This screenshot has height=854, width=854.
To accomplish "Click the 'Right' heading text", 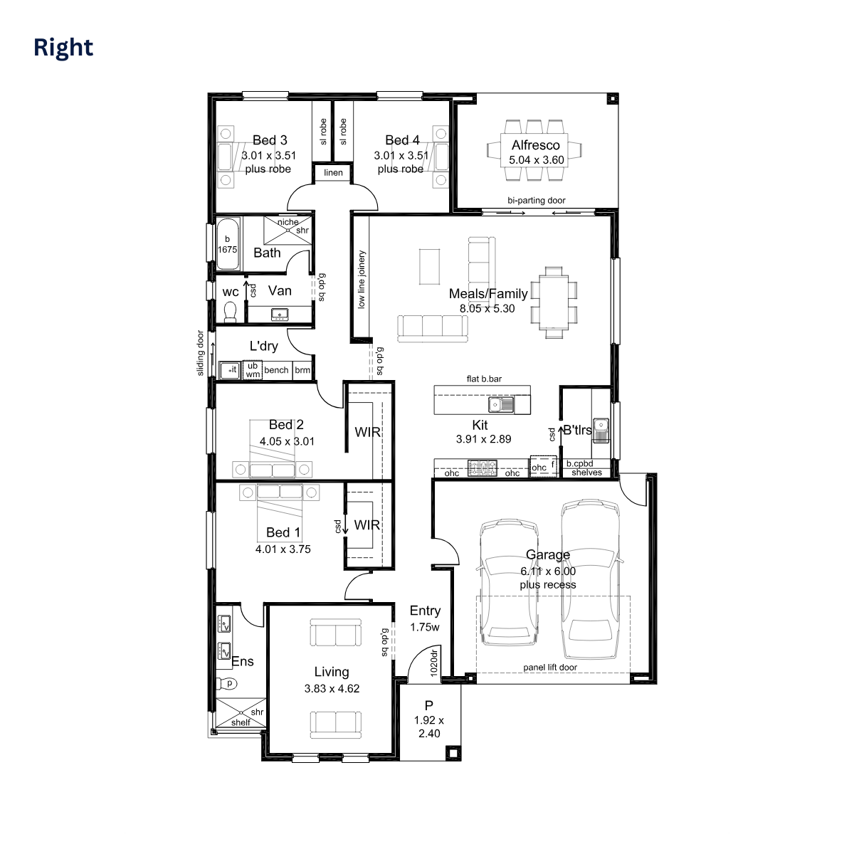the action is pyautogui.click(x=63, y=48).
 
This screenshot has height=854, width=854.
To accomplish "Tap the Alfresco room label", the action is pyautogui.click(x=536, y=145).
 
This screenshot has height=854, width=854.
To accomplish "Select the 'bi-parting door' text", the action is pyautogui.click(x=537, y=201).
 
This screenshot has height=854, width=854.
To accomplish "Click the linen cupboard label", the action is pyautogui.click(x=333, y=173).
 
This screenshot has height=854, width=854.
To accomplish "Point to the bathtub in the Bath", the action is pyautogui.click(x=228, y=243).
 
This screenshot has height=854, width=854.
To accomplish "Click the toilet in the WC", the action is pyautogui.click(x=230, y=311).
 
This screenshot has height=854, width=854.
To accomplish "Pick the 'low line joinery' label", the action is pyautogui.click(x=362, y=279).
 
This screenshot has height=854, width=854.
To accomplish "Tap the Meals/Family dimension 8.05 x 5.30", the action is pyautogui.click(x=487, y=309).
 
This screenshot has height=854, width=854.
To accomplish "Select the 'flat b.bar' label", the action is pyautogui.click(x=484, y=379).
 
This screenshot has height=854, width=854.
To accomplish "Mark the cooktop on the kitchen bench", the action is pyautogui.click(x=482, y=468).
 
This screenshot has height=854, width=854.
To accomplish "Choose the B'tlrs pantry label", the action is pyautogui.click(x=577, y=430).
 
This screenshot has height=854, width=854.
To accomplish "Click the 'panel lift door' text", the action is pyautogui.click(x=550, y=668).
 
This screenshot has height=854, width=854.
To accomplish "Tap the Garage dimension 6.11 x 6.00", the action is pyautogui.click(x=548, y=571).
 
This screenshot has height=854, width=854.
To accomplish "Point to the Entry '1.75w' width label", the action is pyautogui.click(x=425, y=628).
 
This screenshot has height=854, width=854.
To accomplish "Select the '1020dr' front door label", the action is pyautogui.click(x=434, y=663).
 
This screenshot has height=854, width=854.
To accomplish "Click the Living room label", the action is pyautogui.click(x=332, y=672).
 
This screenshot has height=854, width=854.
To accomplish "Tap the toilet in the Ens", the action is pyautogui.click(x=228, y=683).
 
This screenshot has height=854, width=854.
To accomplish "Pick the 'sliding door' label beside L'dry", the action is pyautogui.click(x=201, y=352).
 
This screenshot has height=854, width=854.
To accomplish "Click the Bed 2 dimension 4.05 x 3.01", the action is pyautogui.click(x=287, y=441).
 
